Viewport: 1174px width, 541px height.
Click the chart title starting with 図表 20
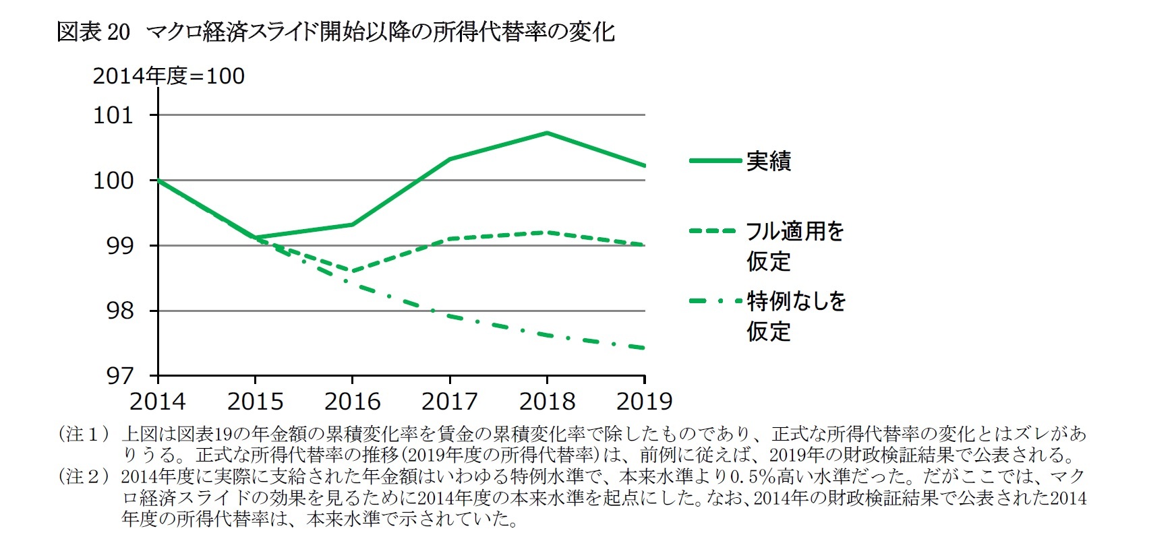335,32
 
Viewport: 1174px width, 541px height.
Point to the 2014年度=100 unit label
169,76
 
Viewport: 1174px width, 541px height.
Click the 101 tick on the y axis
113,115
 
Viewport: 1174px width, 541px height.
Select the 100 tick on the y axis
113,181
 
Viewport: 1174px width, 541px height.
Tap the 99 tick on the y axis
120,246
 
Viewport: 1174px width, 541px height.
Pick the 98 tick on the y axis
120,311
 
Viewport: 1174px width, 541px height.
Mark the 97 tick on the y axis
120,376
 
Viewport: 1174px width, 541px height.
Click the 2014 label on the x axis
158,402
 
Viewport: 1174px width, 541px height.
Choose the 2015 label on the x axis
255,402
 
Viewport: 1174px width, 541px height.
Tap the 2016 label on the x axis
353,402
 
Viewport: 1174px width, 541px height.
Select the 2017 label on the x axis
450,402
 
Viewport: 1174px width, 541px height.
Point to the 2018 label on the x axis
547,402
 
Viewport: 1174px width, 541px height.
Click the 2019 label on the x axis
645,402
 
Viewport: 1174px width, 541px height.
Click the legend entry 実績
768,161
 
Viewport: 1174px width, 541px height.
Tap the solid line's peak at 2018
547,133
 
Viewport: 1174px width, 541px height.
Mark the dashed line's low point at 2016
352,272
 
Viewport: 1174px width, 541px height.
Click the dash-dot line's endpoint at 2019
644,348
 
